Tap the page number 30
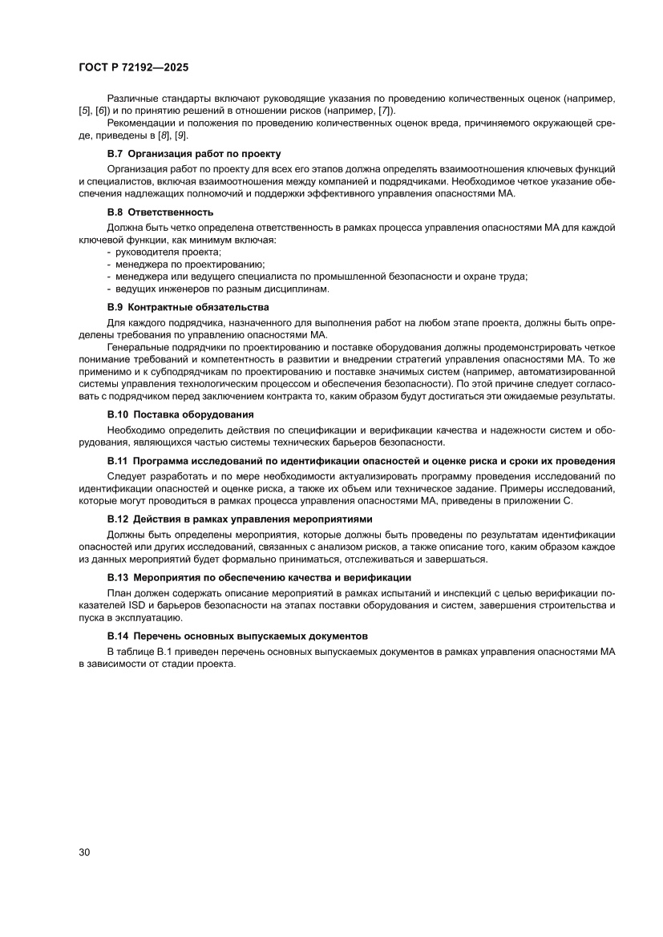pyautogui.click(x=84, y=851)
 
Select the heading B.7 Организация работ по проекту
pyautogui.click(x=194, y=153)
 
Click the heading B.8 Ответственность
pyautogui.click(x=160, y=212)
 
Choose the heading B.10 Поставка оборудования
pyautogui.click(x=180, y=414)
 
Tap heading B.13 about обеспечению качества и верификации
pyautogui.click(x=259, y=577)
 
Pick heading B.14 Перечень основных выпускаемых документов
pyautogui.click(x=237, y=636)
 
